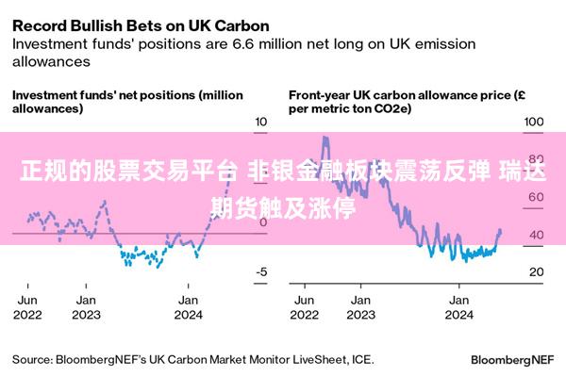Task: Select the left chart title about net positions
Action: tap(126, 101)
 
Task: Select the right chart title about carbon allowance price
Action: tap(407, 101)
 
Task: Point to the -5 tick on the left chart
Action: tap(262, 272)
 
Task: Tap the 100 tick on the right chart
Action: tap(534, 122)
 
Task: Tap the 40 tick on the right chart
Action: tap(535, 235)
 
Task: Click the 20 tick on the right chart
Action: tap(535, 272)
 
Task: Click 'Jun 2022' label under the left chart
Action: tap(28, 306)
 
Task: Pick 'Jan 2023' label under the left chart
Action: tap(86, 306)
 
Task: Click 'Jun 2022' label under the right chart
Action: tap(305, 306)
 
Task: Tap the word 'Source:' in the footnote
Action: tap(32, 359)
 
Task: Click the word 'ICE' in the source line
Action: tap(361, 359)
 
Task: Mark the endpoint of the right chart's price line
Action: tap(500, 231)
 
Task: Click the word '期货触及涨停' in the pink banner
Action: tap(283, 206)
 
